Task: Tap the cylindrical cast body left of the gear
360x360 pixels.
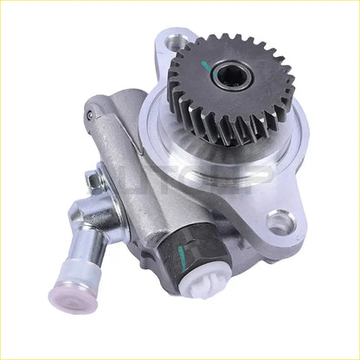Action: pos(147,173)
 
